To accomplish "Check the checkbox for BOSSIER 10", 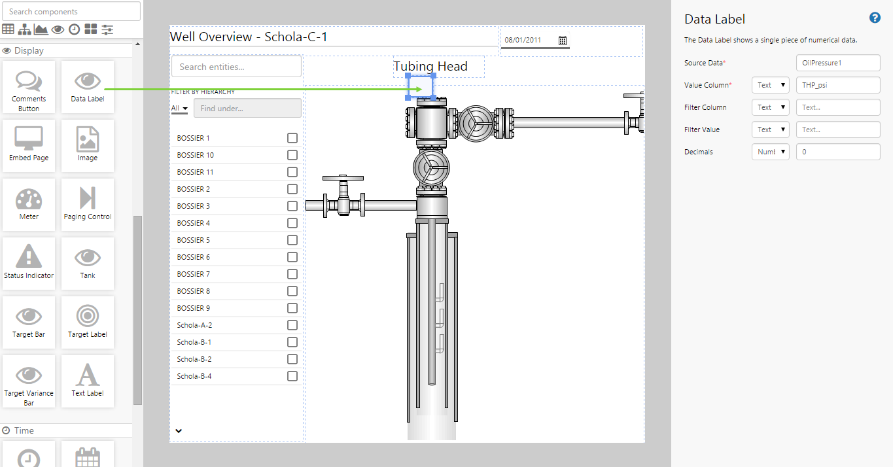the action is (x=292, y=155).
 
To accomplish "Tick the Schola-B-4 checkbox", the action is (x=292, y=376).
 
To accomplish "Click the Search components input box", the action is (x=71, y=12).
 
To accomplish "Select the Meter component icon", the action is (x=29, y=199).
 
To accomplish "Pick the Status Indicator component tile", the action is (x=29, y=264).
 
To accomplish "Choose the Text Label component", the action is (x=88, y=381).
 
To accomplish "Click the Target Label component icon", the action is (x=88, y=316).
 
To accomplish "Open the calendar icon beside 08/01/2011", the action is (x=563, y=41).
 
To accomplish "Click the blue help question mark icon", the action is (x=875, y=18).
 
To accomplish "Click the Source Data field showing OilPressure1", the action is (x=838, y=63).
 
